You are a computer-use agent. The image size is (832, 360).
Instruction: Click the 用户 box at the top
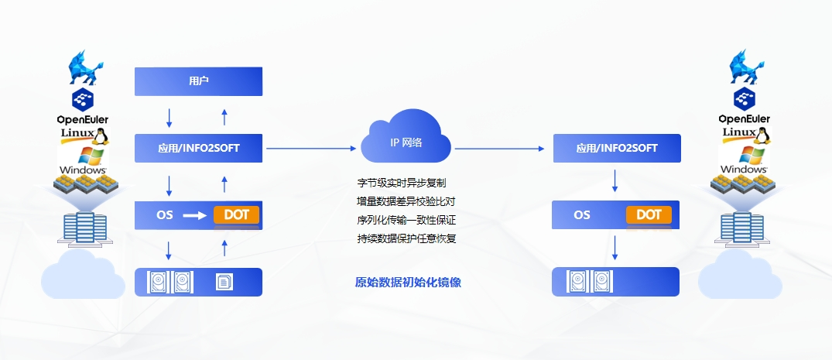[x=198, y=81]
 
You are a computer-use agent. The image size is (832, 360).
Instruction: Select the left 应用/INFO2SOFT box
[x=198, y=148]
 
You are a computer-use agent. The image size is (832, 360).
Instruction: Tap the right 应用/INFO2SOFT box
[x=617, y=148]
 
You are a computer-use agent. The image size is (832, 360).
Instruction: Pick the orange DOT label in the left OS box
[x=236, y=214]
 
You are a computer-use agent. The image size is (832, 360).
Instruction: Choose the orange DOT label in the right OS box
[x=649, y=214]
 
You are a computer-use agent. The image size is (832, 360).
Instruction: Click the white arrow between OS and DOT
[x=194, y=215]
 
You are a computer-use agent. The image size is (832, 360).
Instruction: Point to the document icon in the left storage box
[x=223, y=282]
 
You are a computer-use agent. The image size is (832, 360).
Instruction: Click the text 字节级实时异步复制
[x=401, y=183]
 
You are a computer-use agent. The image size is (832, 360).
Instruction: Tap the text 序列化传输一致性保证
[x=406, y=220]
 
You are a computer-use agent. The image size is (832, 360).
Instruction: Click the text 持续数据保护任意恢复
[x=406, y=238]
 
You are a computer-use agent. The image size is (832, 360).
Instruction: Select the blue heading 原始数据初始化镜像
[x=408, y=283]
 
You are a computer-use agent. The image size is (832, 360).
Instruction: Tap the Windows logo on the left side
[x=82, y=159]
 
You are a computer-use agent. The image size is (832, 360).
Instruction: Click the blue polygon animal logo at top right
[x=744, y=67]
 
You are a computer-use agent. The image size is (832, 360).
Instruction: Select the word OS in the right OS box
[x=582, y=215]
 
